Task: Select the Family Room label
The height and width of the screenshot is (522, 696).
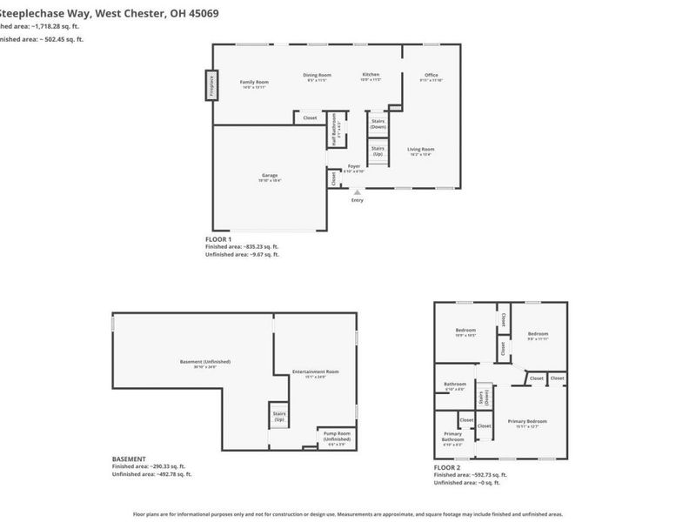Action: (x=254, y=82)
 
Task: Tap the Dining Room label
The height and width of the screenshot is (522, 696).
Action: (x=317, y=76)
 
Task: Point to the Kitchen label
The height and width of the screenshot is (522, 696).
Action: (x=371, y=76)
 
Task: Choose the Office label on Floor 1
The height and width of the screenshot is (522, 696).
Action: (x=431, y=76)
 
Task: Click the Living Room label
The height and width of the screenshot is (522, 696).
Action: (x=420, y=150)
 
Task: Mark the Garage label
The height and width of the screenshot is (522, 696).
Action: (x=270, y=176)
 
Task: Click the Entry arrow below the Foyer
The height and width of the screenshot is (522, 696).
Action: (x=357, y=192)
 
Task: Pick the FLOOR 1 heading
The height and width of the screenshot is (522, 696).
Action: (x=218, y=238)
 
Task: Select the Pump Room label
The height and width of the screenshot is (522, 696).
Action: (x=337, y=434)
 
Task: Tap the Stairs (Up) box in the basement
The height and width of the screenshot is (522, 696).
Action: (x=279, y=417)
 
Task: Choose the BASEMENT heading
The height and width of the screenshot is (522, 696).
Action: (x=130, y=458)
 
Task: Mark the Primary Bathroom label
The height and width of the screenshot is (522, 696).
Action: (x=452, y=437)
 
